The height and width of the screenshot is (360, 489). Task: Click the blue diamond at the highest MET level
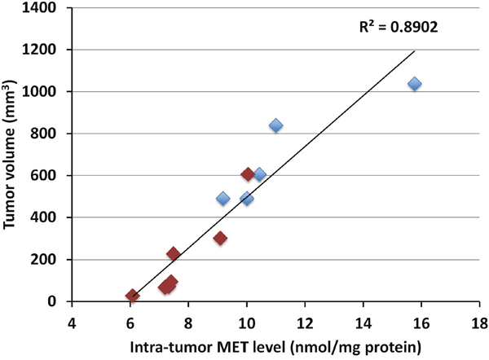414,84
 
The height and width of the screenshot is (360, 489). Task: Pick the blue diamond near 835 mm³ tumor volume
275,125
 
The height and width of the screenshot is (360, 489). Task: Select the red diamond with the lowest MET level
132,296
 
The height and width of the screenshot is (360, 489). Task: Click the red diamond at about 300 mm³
220,239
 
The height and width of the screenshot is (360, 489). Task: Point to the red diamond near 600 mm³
248,174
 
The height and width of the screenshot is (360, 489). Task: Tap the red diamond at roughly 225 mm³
173,254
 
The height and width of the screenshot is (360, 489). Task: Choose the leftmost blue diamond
223,198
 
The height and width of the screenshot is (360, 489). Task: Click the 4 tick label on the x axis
72,319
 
